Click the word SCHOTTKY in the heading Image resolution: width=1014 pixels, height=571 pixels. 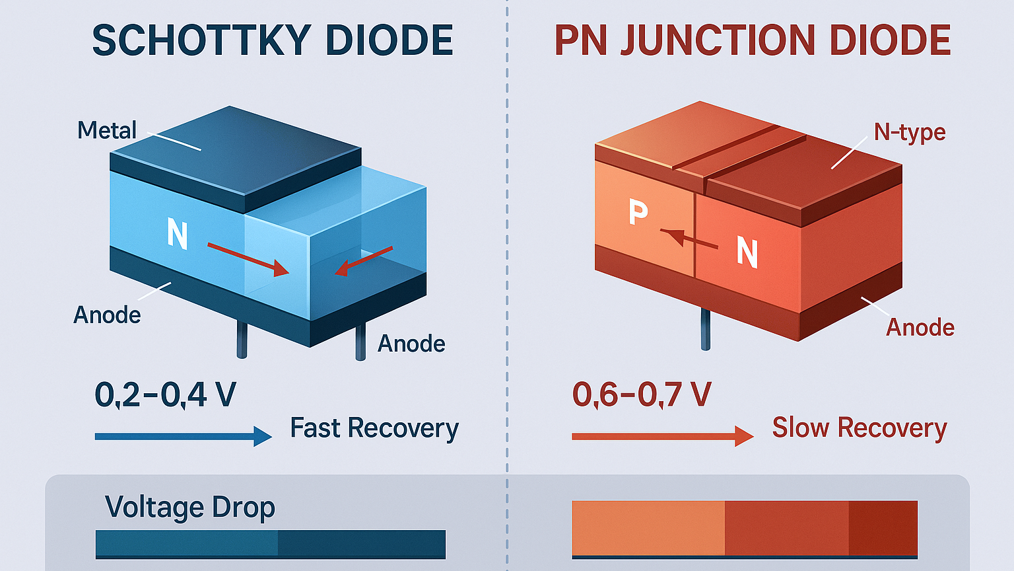pos(201,40)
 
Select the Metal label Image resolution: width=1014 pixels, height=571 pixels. pos(106,130)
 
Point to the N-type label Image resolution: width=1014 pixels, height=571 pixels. pos(909,132)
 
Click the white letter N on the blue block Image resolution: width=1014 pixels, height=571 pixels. pos(177,234)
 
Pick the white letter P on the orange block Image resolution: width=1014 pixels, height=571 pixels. pos(638,212)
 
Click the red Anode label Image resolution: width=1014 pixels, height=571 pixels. pos(920,327)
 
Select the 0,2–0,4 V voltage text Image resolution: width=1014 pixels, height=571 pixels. pos(165,395)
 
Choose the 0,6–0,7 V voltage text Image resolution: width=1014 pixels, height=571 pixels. pos(641,395)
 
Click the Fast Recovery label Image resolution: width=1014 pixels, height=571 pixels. pos(374,428)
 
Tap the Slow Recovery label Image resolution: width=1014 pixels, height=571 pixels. pos(859,428)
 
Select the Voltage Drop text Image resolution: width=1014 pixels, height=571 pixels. pos(189,508)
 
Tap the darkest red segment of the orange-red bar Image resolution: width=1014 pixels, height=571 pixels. pos(883,528)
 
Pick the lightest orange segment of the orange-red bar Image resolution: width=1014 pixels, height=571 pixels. pos(648,528)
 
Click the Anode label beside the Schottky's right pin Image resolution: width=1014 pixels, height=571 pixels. pos(411,344)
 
